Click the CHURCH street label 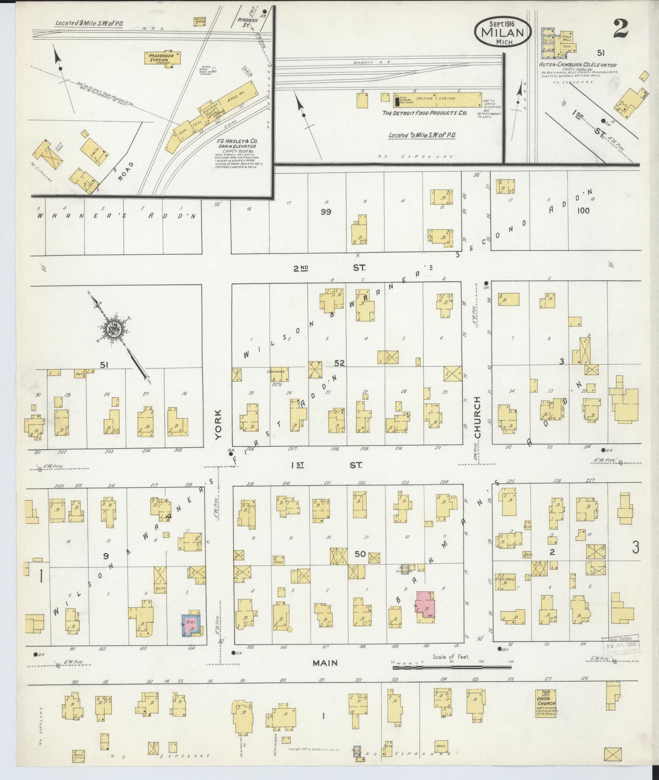click(x=477, y=417)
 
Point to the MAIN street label click(x=325, y=663)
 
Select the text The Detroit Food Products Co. click(x=425, y=113)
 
